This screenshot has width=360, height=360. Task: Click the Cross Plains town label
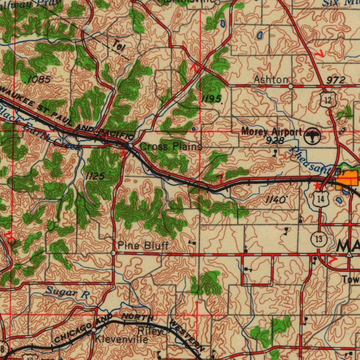(x=171, y=147)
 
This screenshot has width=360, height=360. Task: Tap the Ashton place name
(x=271, y=80)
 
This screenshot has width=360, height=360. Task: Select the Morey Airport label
(x=271, y=132)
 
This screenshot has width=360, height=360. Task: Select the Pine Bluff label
(x=143, y=245)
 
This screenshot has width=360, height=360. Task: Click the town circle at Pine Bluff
(x=113, y=253)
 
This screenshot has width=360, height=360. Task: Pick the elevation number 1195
(x=211, y=99)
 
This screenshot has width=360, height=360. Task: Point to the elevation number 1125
(x=95, y=176)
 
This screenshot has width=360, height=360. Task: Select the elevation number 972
(x=335, y=80)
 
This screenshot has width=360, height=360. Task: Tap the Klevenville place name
(x=122, y=340)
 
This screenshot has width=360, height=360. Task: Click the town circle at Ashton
(x=290, y=86)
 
